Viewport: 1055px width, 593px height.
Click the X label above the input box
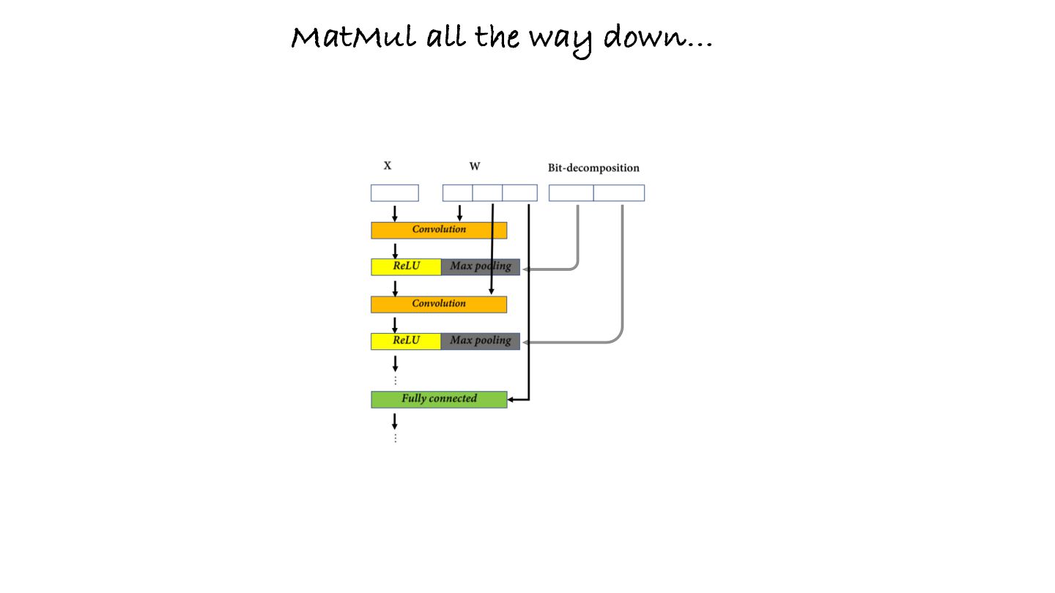pyautogui.click(x=388, y=166)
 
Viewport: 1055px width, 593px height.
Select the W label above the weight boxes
pyautogui.click(x=475, y=166)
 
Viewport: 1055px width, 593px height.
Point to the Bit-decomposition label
pyautogui.click(x=593, y=168)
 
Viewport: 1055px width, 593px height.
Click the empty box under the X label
pyautogui.click(x=394, y=193)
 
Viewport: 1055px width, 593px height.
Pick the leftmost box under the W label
pyautogui.click(x=457, y=193)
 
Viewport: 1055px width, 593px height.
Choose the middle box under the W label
pyautogui.click(x=487, y=193)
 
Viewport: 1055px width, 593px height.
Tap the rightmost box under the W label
pyautogui.click(x=519, y=193)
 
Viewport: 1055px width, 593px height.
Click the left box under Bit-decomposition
pyautogui.click(x=571, y=193)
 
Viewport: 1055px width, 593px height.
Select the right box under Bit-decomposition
pyautogui.click(x=618, y=193)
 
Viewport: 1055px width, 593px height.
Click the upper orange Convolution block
pyautogui.click(x=438, y=230)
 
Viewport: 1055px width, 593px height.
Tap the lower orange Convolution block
pyautogui.click(x=438, y=304)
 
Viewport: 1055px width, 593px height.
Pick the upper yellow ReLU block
pyautogui.click(x=406, y=266)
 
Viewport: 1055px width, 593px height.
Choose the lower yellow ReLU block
pyautogui.click(x=406, y=341)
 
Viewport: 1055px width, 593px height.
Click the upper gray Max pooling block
pyautogui.click(x=480, y=266)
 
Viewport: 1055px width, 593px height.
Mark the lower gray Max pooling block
pyautogui.click(x=480, y=341)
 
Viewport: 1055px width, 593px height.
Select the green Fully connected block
pyautogui.click(x=438, y=399)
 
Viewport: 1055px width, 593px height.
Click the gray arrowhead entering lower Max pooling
pyautogui.click(x=525, y=342)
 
